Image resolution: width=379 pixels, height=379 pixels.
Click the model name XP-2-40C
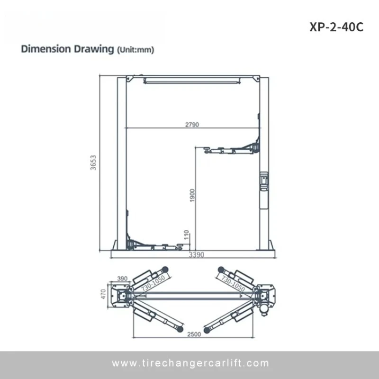click(336, 27)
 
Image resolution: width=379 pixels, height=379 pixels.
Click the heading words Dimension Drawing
click(67, 49)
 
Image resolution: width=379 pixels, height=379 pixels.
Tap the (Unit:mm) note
click(135, 50)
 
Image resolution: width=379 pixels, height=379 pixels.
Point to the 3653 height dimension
click(93, 162)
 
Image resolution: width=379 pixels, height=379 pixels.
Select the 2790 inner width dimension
click(192, 125)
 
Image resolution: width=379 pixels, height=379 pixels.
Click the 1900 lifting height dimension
click(192, 195)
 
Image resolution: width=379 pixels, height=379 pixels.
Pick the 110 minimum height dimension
click(186, 235)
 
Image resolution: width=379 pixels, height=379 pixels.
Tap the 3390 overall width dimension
click(197, 255)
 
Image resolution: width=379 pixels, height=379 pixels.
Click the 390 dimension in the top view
click(122, 279)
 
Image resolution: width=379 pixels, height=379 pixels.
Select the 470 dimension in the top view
click(103, 294)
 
